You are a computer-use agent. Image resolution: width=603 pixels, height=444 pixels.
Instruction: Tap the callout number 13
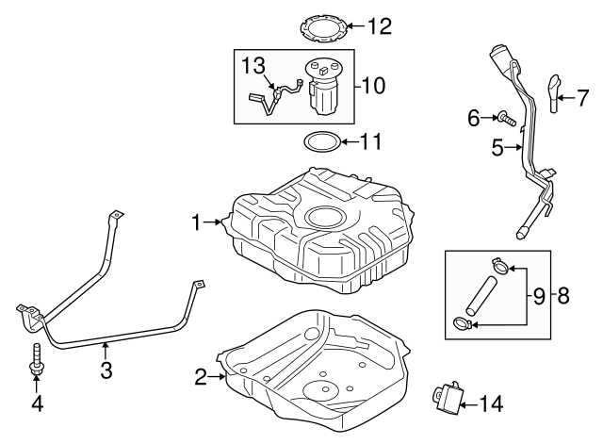253,65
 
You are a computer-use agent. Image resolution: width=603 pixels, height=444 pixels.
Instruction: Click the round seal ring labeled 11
321,143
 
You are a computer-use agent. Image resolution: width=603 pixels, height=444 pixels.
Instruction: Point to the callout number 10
372,86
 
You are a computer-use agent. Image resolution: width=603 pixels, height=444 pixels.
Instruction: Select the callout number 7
581,96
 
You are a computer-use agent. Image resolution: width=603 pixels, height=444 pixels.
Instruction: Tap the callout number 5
497,147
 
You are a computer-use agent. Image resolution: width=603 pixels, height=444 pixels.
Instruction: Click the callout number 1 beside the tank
197,222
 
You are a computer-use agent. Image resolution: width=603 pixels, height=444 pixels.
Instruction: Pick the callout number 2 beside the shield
200,378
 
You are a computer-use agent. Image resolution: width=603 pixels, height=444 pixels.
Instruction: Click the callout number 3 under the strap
106,370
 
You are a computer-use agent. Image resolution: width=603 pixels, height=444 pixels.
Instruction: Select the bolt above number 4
37,361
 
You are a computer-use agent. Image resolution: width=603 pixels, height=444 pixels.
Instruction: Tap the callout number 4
37,405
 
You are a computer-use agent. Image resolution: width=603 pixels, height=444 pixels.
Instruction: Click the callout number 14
491,404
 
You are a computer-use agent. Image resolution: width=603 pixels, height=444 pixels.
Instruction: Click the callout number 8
563,296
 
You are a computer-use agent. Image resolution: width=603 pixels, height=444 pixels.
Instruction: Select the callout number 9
539,296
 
